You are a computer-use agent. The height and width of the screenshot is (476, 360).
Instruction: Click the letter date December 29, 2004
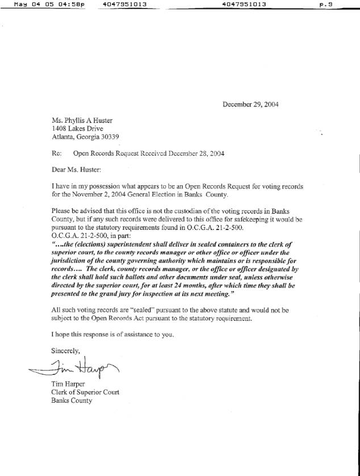(250, 105)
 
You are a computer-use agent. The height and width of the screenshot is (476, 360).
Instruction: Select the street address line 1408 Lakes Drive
(78, 128)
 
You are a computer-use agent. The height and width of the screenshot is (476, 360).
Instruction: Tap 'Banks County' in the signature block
(71, 400)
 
